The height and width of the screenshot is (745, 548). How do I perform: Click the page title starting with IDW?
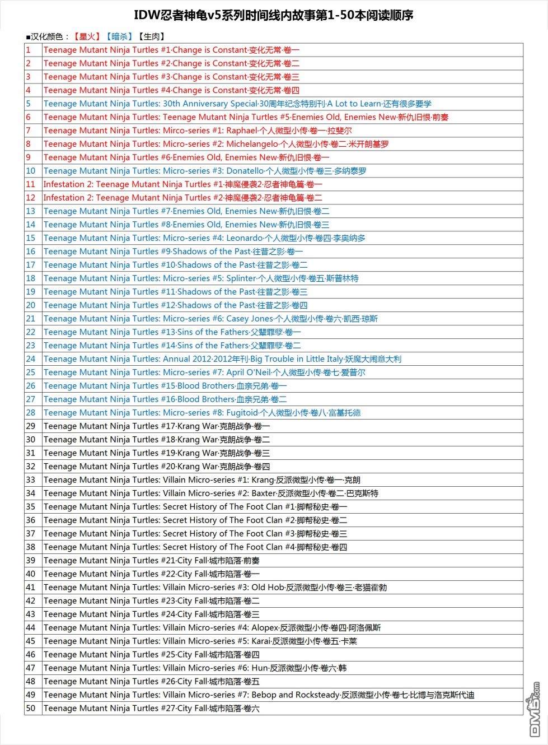tap(274, 15)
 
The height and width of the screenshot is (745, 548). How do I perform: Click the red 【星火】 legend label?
tap(87, 37)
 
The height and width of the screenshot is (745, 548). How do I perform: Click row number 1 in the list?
tap(29, 50)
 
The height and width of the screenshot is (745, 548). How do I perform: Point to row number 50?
tap(31, 709)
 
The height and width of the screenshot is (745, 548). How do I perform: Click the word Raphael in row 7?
tap(241, 131)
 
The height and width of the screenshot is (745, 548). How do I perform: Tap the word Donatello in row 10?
tap(245, 171)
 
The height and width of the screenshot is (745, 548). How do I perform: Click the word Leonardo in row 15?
tap(244, 238)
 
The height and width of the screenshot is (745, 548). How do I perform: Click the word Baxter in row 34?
tap(264, 493)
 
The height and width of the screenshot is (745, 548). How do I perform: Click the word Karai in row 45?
tap(261, 641)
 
